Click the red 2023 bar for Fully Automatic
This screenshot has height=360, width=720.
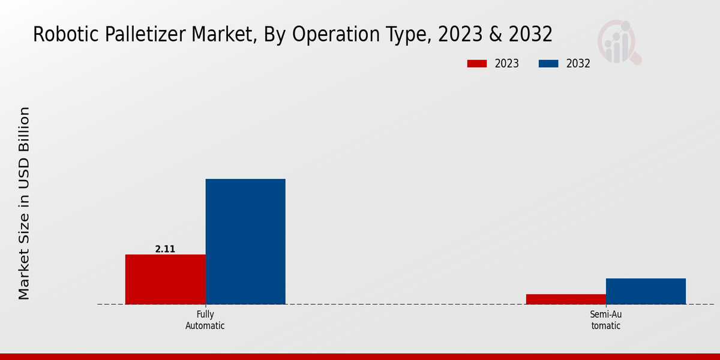pos(165,279)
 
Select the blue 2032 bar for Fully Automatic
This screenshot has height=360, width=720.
pos(245,241)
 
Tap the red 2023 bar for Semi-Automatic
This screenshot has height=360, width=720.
pos(566,299)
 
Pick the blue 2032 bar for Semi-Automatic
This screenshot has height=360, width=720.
pos(646,291)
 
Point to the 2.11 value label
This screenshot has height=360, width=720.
pos(165,249)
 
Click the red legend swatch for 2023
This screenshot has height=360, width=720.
pos(477,64)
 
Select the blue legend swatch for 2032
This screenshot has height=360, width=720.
pos(549,64)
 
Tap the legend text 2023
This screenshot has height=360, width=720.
pos(507,64)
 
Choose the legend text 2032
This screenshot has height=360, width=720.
pos(578,64)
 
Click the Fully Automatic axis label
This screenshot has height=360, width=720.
pos(205,320)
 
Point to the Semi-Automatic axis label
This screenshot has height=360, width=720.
pos(605,320)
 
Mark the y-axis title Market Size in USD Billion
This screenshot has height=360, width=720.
pos(24,203)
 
